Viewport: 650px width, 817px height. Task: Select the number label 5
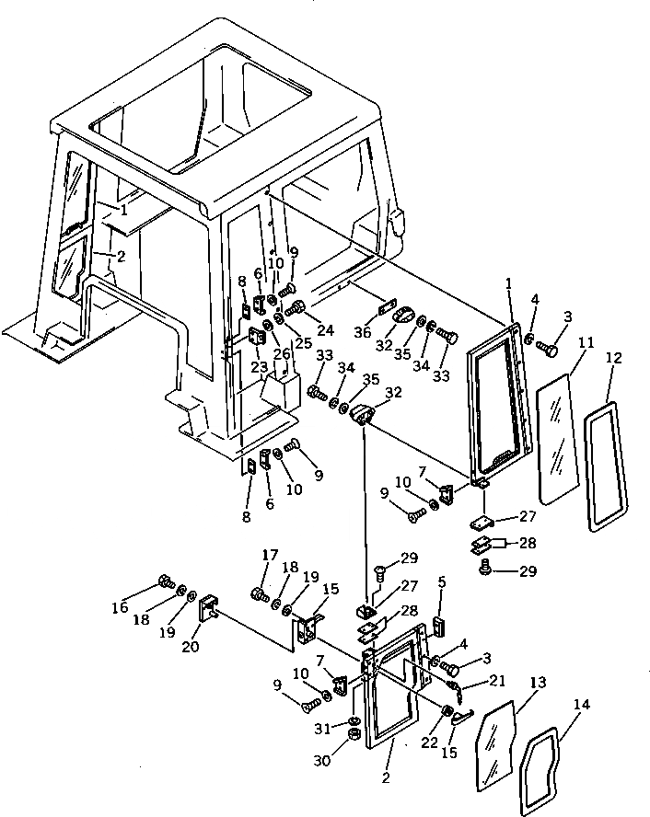(441, 581)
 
